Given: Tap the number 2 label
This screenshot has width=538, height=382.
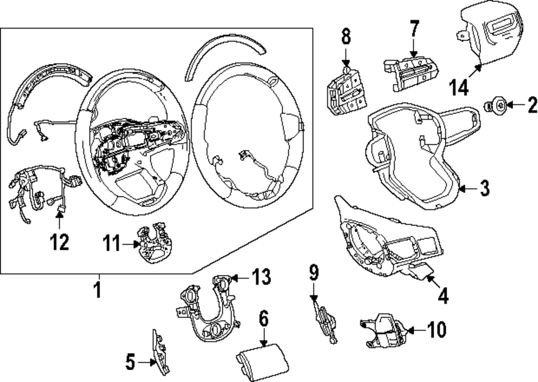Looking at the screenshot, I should coord(530,104).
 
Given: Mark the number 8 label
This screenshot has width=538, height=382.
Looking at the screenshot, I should coord(345,37).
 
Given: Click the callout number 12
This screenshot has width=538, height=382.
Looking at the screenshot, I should coord(59,242).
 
